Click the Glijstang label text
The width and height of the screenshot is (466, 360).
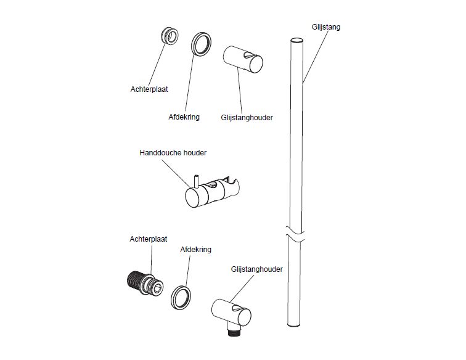coord(325,27)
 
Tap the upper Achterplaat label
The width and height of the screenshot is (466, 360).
coord(149,89)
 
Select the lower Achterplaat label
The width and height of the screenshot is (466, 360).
coord(149,239)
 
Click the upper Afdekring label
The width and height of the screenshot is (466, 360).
coord(184,117)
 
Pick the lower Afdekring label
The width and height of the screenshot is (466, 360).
coord(195,250)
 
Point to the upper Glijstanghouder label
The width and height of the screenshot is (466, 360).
coord(247,118)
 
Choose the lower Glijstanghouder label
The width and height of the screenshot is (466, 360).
coord(257,269)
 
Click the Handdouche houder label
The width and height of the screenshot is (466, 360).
coord(173,153)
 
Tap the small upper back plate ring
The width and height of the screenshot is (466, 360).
coord(170,36)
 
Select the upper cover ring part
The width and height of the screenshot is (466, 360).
coord(201,44)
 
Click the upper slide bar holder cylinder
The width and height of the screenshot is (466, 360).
coord(243,59)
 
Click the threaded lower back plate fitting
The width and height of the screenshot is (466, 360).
coord(145,283)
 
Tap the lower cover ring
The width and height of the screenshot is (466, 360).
coord(181,298)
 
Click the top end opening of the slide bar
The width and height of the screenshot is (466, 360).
coord(296,41)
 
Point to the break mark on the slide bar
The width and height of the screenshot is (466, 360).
coord(295,234)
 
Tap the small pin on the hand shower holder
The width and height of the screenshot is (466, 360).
coord(196,181)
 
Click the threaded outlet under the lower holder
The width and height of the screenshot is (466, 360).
coord(234,332)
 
